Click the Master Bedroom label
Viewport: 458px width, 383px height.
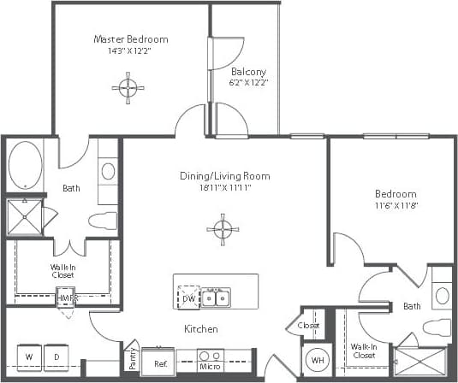(x=130, y=39)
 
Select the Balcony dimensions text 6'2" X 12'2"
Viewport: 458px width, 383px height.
(x=249, y=83)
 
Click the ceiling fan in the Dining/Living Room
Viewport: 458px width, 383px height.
(x=222, y=228)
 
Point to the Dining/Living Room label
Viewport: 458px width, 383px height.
(x=224, y=176)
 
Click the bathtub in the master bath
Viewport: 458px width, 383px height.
(x=25, y=165)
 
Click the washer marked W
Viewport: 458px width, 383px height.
(x=29, y=356)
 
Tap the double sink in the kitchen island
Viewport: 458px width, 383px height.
(x=216, y=298)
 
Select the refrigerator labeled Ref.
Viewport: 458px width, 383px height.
(x=160, y=363)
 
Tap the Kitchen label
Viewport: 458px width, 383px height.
(x=199, y=329)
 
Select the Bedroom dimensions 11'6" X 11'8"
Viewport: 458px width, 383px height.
(x=396, y=205)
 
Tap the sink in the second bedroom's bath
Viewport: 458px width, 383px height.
(x=442, y=296)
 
